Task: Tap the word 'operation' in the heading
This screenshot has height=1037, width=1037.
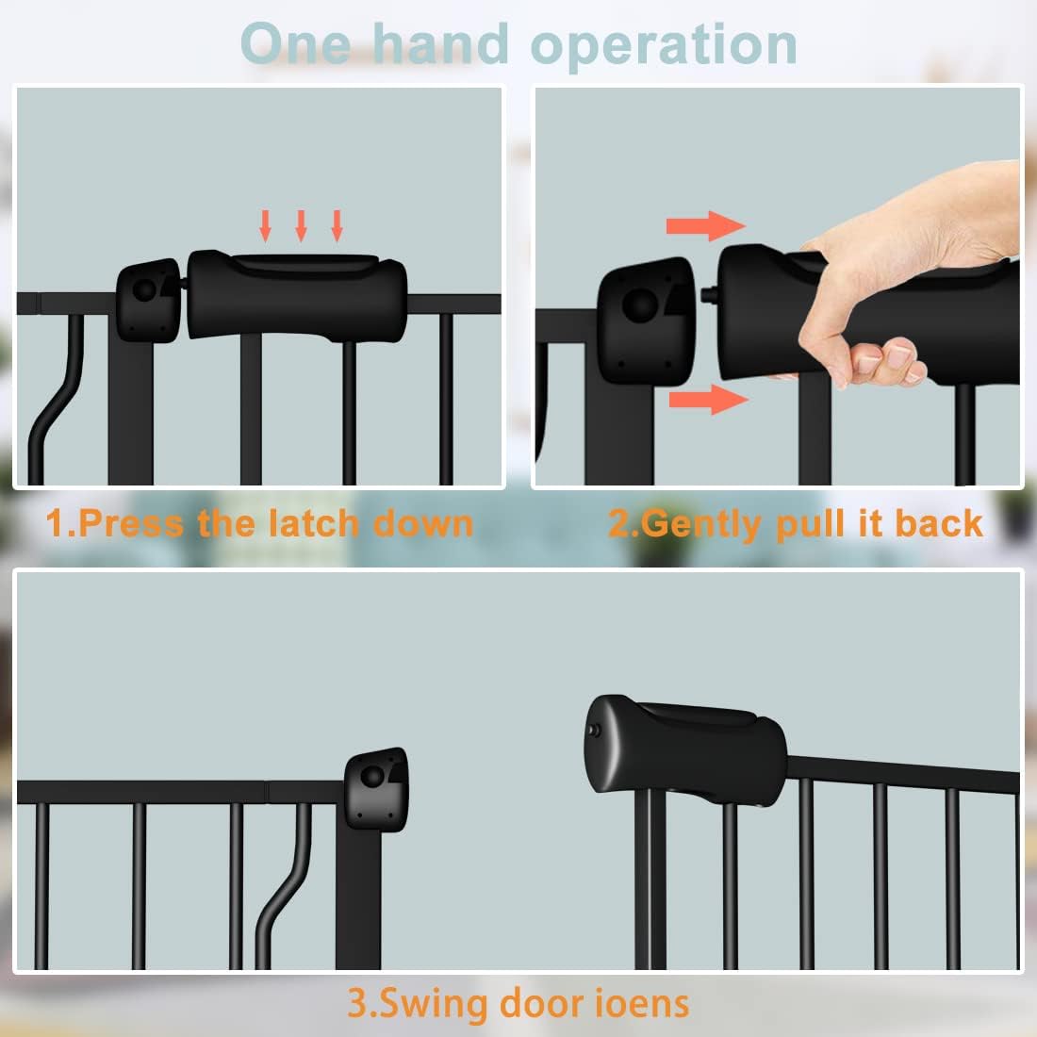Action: (x=664, y=46)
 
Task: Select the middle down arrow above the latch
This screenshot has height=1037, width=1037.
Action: (x=301, y=225)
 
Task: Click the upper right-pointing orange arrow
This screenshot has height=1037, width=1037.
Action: (x=706, y=226)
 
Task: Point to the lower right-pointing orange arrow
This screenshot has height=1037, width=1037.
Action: (x=708, y=400)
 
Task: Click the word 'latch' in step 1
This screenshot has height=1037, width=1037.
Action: (x=313, y=523)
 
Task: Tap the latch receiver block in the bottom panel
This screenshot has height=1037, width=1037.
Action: (x=376, y=789)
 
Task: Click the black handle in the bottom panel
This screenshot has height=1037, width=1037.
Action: (x=685, y=744)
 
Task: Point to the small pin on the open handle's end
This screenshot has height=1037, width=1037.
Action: (x=594, y=731)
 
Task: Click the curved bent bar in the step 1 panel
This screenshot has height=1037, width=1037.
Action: (x=56, y=397)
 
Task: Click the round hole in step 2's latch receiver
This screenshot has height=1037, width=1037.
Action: (x=640, y=305)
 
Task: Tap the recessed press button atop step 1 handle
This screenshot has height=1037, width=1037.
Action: (x=305, y=264)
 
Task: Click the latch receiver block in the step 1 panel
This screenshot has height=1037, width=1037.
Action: (x=149, y=300)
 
